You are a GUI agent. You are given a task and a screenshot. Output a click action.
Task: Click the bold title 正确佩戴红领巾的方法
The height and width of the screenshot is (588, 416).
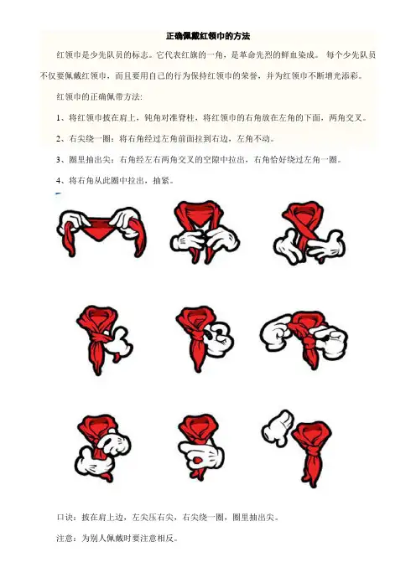click(208, 36)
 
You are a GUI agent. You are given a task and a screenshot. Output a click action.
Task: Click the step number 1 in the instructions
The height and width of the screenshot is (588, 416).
click(59, 118)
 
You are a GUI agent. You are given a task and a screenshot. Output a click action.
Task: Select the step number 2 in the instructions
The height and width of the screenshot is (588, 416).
click(59, 139)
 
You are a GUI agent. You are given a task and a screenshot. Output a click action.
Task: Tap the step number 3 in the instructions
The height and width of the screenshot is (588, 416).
click(59, 160)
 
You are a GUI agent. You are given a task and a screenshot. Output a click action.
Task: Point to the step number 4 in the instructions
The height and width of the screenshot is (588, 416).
click(59, 181)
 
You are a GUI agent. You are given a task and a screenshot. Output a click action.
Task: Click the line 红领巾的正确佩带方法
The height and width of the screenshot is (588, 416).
click(99, 97)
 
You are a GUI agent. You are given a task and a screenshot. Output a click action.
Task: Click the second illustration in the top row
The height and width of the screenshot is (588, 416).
click(205, 232)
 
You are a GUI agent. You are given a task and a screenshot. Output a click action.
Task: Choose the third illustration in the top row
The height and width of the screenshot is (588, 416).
click(309, 233)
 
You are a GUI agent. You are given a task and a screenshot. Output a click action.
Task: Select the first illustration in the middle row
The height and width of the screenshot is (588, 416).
click(104, 340)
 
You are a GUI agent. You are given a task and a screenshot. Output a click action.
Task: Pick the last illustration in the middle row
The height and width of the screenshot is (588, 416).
click(304, 339)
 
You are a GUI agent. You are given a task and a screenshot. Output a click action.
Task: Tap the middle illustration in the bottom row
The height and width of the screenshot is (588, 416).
click(201, 447)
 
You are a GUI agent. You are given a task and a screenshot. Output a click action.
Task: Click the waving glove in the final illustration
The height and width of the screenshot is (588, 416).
click(278, 428)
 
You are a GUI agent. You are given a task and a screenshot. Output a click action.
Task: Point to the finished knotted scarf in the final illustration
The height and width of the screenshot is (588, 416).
click(312, 454)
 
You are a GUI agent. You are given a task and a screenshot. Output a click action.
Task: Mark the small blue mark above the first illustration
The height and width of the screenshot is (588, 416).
click(58, 193)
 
